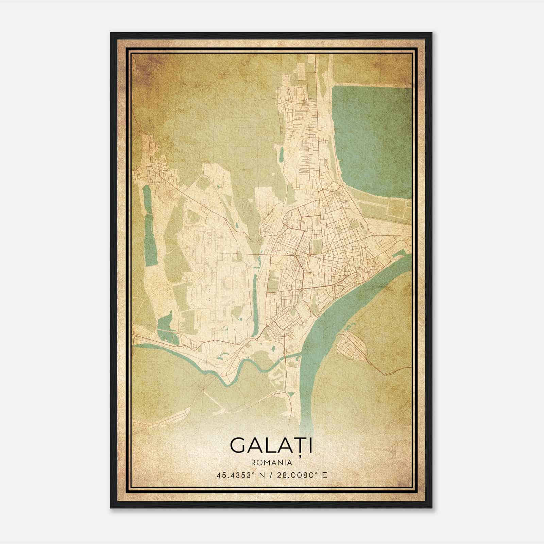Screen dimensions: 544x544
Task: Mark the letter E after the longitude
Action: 324,475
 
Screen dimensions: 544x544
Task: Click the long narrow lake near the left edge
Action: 148,226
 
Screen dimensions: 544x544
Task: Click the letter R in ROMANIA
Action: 253,462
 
